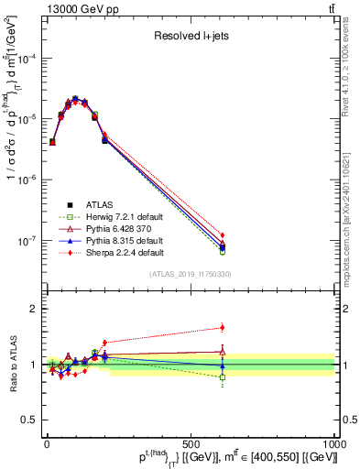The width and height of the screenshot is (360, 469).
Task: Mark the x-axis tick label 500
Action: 191,443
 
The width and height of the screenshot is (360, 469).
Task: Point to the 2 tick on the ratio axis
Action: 37,309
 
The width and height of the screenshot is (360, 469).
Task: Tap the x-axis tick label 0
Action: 47,443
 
